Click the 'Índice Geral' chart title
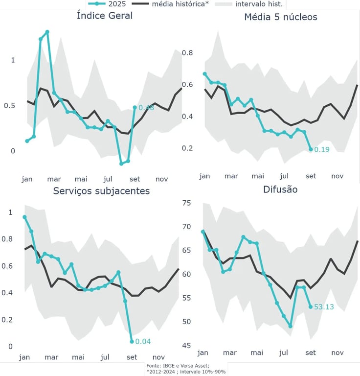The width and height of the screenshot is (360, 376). [105, 16]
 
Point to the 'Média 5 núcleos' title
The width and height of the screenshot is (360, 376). [281, 17]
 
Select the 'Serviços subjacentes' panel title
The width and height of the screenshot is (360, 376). [101, 190]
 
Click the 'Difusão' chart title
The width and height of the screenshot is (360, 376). [280, 189]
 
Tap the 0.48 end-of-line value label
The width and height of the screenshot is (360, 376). [146, 108]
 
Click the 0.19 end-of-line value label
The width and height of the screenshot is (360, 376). [321, 149]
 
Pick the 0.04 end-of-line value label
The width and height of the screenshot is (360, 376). [143, 341]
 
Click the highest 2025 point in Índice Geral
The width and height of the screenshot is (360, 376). [47, 32]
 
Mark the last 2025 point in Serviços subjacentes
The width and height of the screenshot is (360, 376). [132, 341]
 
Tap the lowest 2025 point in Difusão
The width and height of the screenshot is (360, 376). [290, 326]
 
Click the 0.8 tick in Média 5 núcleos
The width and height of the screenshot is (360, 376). [188, 53]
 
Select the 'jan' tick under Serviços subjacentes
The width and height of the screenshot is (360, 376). [24, 357]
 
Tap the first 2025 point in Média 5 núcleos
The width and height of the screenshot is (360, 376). [204, 74]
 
